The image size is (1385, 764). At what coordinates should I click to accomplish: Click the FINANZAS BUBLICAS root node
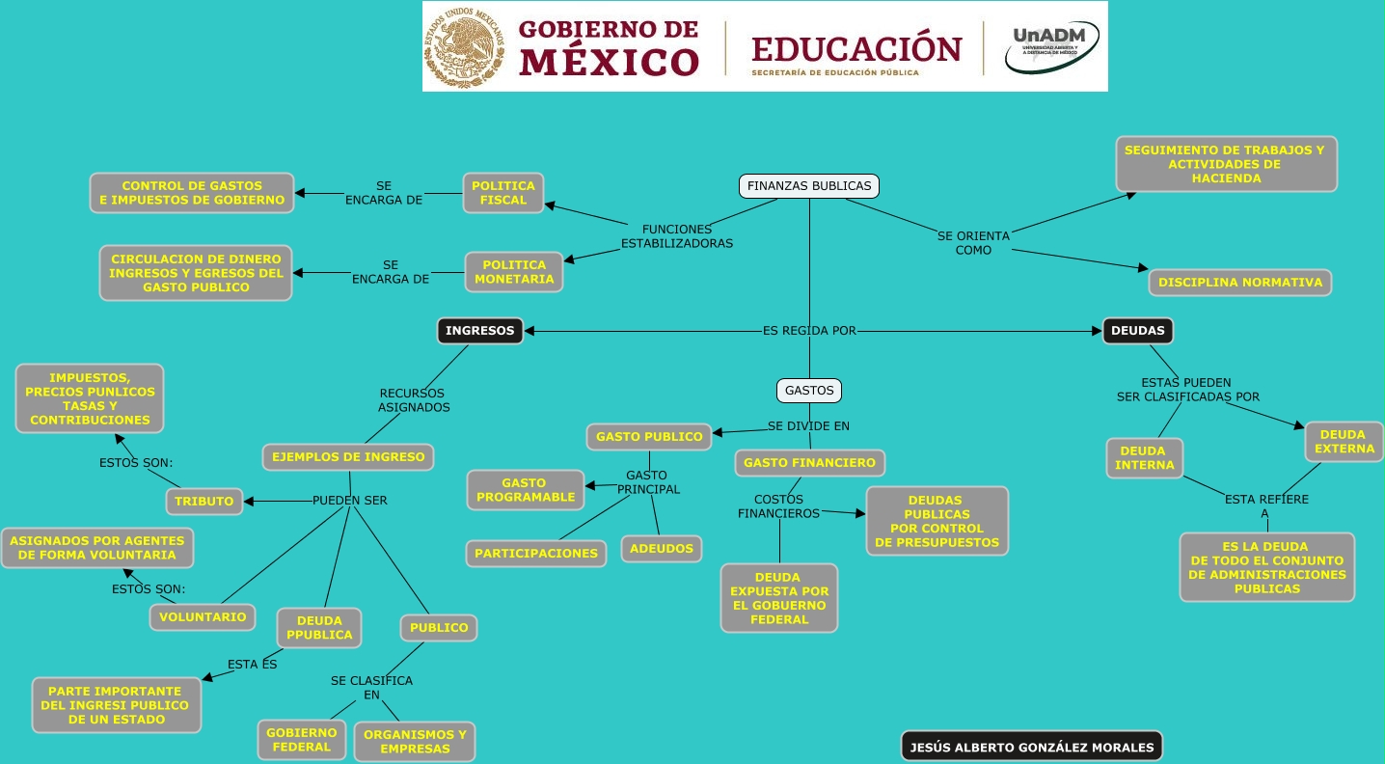809,186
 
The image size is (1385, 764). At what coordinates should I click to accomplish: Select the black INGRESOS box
480,331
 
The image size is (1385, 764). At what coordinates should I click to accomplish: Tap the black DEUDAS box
1138,331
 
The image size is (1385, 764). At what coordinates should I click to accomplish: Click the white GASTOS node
809,391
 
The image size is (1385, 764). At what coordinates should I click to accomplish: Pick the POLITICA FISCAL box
503,193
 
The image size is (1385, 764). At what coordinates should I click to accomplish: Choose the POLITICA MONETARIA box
514,272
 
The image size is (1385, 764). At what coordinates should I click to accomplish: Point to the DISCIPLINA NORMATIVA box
1240,283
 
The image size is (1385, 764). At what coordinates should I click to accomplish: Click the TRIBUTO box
204,502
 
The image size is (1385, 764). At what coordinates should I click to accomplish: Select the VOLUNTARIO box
203,616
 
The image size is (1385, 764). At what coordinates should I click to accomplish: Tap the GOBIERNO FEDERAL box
302,740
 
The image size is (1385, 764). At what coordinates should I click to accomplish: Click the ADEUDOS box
662,549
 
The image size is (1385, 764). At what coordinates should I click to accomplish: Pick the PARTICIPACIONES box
536,554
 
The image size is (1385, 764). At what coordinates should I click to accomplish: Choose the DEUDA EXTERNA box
1344,442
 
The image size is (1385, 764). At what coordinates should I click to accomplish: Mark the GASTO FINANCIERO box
810,463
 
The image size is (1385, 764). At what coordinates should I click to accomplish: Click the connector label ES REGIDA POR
809,331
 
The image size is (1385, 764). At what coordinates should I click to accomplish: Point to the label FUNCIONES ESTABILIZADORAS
677,236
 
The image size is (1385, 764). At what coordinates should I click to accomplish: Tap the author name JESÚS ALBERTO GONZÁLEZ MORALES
1032,747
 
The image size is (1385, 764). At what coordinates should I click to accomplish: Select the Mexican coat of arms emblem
466,47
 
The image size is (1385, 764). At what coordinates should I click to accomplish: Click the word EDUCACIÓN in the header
856,48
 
